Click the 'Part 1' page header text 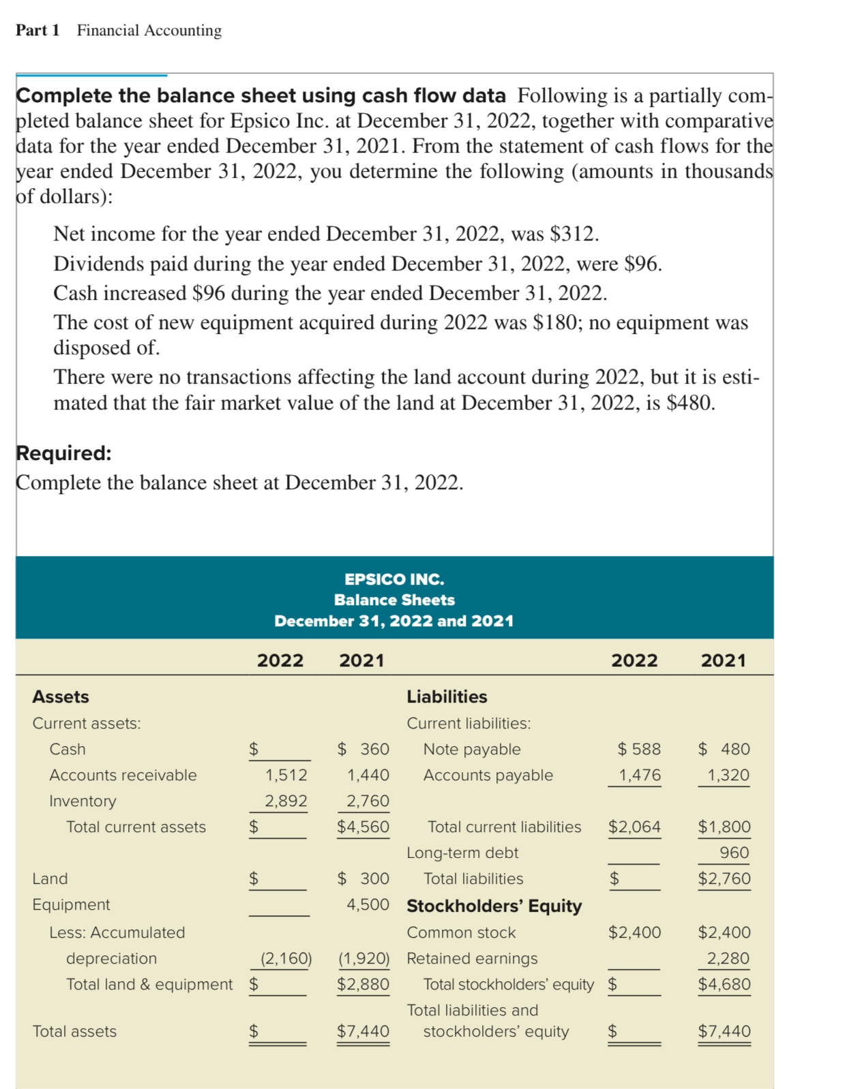tap(38, 31)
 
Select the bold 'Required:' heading tap(63, 453)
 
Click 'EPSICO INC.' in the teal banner tap(393, 579)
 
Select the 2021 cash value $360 tap(364, 750)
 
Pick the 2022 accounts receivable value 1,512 tap(286, 776)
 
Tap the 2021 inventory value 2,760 tap(368, 801)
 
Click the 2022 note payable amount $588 tap(639, 750)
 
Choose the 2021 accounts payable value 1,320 tap(728, 776)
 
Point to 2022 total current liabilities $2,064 tap(634, 827)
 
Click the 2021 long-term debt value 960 tap(734, 853)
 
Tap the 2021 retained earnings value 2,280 tap(728, 959)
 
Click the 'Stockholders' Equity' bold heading tap(494, 906)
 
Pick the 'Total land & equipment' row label tap(149, 985)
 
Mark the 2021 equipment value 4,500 tap(368, 905)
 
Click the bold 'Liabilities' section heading tap(447, 697)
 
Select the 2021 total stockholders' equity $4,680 tap(724, 985)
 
